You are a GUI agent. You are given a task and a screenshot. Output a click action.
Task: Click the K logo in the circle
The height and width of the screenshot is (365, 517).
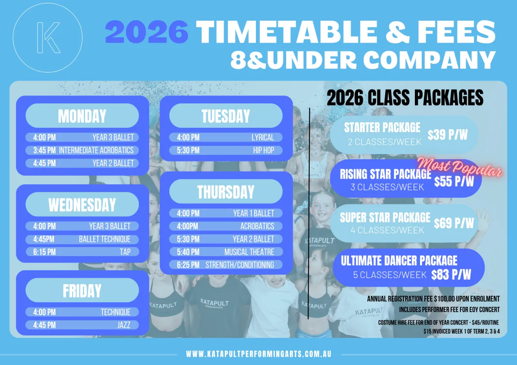(x=48, y=37)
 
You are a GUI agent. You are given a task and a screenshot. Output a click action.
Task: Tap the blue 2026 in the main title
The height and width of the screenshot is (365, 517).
(x=147, y=31)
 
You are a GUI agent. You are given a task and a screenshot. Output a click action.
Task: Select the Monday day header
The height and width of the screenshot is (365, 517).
(x=82, y=116)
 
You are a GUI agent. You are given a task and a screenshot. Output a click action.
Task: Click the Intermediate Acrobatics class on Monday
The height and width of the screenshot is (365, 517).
(x=82, y=150)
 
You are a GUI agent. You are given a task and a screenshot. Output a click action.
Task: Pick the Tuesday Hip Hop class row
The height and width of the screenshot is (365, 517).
(x=226, y=150)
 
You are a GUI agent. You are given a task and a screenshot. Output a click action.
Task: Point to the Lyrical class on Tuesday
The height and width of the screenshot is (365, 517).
(x=226, y=137)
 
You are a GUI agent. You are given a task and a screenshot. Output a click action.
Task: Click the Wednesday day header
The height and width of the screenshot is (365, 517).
(x=82, y=204)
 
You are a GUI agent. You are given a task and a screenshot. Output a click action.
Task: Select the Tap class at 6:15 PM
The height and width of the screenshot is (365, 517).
(x=82, y=252)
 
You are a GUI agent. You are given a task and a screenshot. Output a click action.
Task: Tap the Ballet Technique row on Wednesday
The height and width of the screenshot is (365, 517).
(x=82, y=239)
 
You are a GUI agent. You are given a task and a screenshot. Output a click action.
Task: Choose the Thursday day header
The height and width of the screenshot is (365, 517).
(x=226, y=192)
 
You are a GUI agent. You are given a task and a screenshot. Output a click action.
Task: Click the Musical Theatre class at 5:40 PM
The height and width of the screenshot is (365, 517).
(x=226, y=252)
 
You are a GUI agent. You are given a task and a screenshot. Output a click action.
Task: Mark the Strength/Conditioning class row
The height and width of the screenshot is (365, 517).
(x=226, y=265)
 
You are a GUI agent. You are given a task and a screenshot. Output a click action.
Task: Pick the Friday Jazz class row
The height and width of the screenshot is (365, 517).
(x=82, y=325)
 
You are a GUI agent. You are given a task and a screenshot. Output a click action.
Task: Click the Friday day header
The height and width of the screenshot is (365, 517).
(x=82, y=290)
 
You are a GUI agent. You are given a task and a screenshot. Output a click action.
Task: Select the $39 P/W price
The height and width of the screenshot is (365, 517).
(x=448, y=135)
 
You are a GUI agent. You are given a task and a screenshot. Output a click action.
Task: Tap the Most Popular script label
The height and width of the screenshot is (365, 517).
(x=460, y=167)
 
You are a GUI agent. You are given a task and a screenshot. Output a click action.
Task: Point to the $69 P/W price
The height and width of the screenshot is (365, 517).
(x=454, y=223)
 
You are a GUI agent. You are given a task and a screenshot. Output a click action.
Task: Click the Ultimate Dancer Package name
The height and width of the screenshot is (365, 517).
(x=399, y=260)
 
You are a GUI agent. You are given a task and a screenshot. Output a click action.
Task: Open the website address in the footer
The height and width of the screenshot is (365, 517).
(x=259, y=354)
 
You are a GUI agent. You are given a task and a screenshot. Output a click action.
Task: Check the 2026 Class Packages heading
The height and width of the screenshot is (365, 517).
(x=405, y=98)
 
